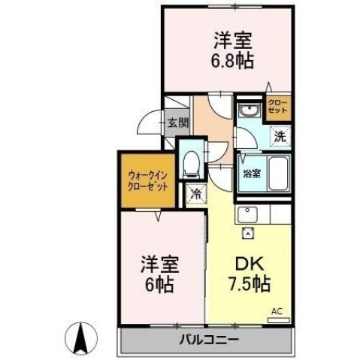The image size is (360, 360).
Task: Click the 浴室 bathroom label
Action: coord(251,173)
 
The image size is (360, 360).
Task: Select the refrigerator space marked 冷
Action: coord(195,194)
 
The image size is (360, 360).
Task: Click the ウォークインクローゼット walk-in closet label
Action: coord(146,180)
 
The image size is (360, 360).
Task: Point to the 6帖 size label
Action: coord(160,285)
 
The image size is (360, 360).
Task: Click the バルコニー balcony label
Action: coord(208,340)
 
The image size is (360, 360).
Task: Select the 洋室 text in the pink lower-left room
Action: coord(160,266)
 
